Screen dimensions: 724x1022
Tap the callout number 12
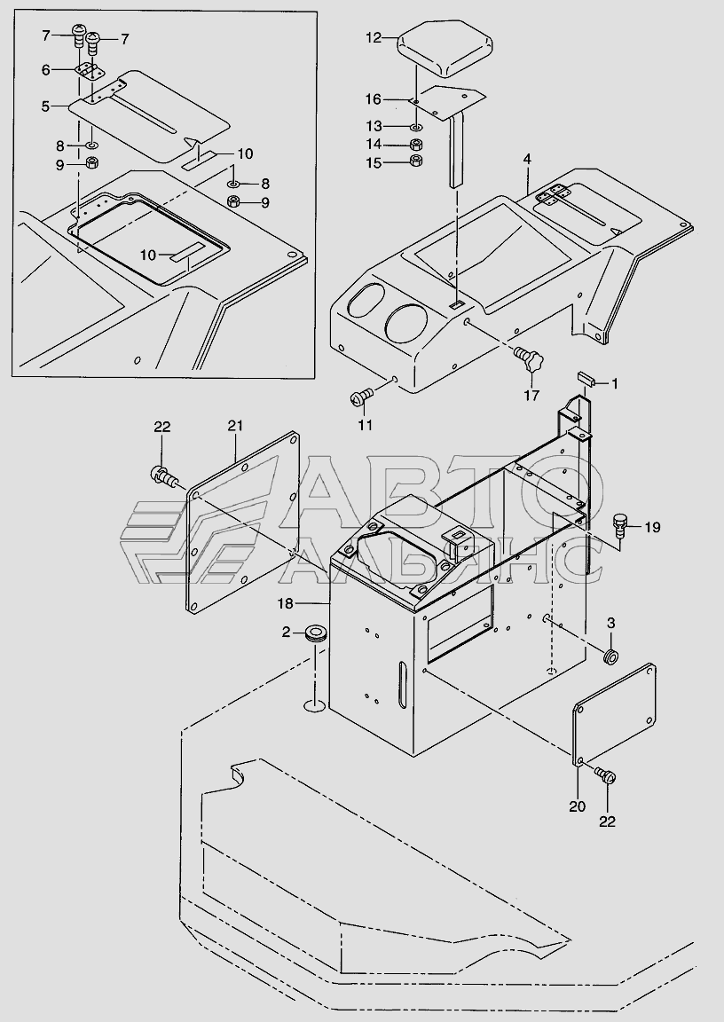[374, 38]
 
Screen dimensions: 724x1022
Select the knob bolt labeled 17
[531, 360]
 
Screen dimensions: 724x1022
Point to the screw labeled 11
[360, 396]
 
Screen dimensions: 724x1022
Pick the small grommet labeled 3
[610, 657]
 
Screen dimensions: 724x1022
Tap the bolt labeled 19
[621, 525]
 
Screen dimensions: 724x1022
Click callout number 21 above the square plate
[235, 426]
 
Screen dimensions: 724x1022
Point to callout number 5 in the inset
[45, 106]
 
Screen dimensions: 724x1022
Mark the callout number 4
[527, 160]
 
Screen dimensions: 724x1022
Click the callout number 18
[286, 603]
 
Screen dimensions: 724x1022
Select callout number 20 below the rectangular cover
[578, 806]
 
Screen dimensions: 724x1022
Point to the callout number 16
[374, 99]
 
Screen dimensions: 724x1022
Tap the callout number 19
[651, 527]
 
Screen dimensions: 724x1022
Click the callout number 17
[531, 395]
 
